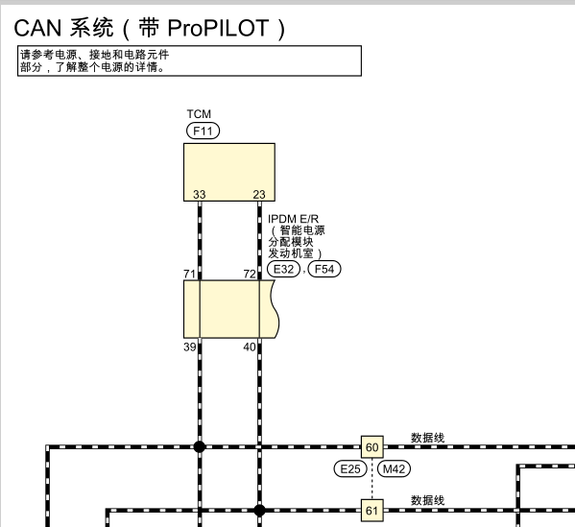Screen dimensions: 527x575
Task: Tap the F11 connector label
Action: [204, 130]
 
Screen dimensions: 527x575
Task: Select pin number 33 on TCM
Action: [199, 195]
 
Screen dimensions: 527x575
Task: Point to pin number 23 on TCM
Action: [259, 195]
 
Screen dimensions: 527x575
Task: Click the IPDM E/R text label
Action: [293, 219]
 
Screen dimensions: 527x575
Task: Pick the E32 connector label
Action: [284, 270]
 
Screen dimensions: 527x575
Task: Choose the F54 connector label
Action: [324, 270]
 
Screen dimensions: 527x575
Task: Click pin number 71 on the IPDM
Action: [190, 275]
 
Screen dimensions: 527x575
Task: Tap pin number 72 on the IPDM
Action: [250, 275]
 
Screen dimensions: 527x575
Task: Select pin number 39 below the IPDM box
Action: [190, 346]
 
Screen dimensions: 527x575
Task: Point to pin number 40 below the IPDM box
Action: [250, 346]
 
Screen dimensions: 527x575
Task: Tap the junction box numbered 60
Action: [371, 447]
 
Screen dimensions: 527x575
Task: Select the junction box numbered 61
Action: [371, 510]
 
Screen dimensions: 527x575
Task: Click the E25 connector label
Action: [349, 469]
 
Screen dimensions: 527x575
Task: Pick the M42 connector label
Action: [394, 469]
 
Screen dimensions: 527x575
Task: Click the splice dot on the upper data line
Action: [200, 447]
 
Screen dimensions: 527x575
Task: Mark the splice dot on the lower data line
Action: [259, 510]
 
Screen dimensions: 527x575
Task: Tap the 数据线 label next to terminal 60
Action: [427, 438]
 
